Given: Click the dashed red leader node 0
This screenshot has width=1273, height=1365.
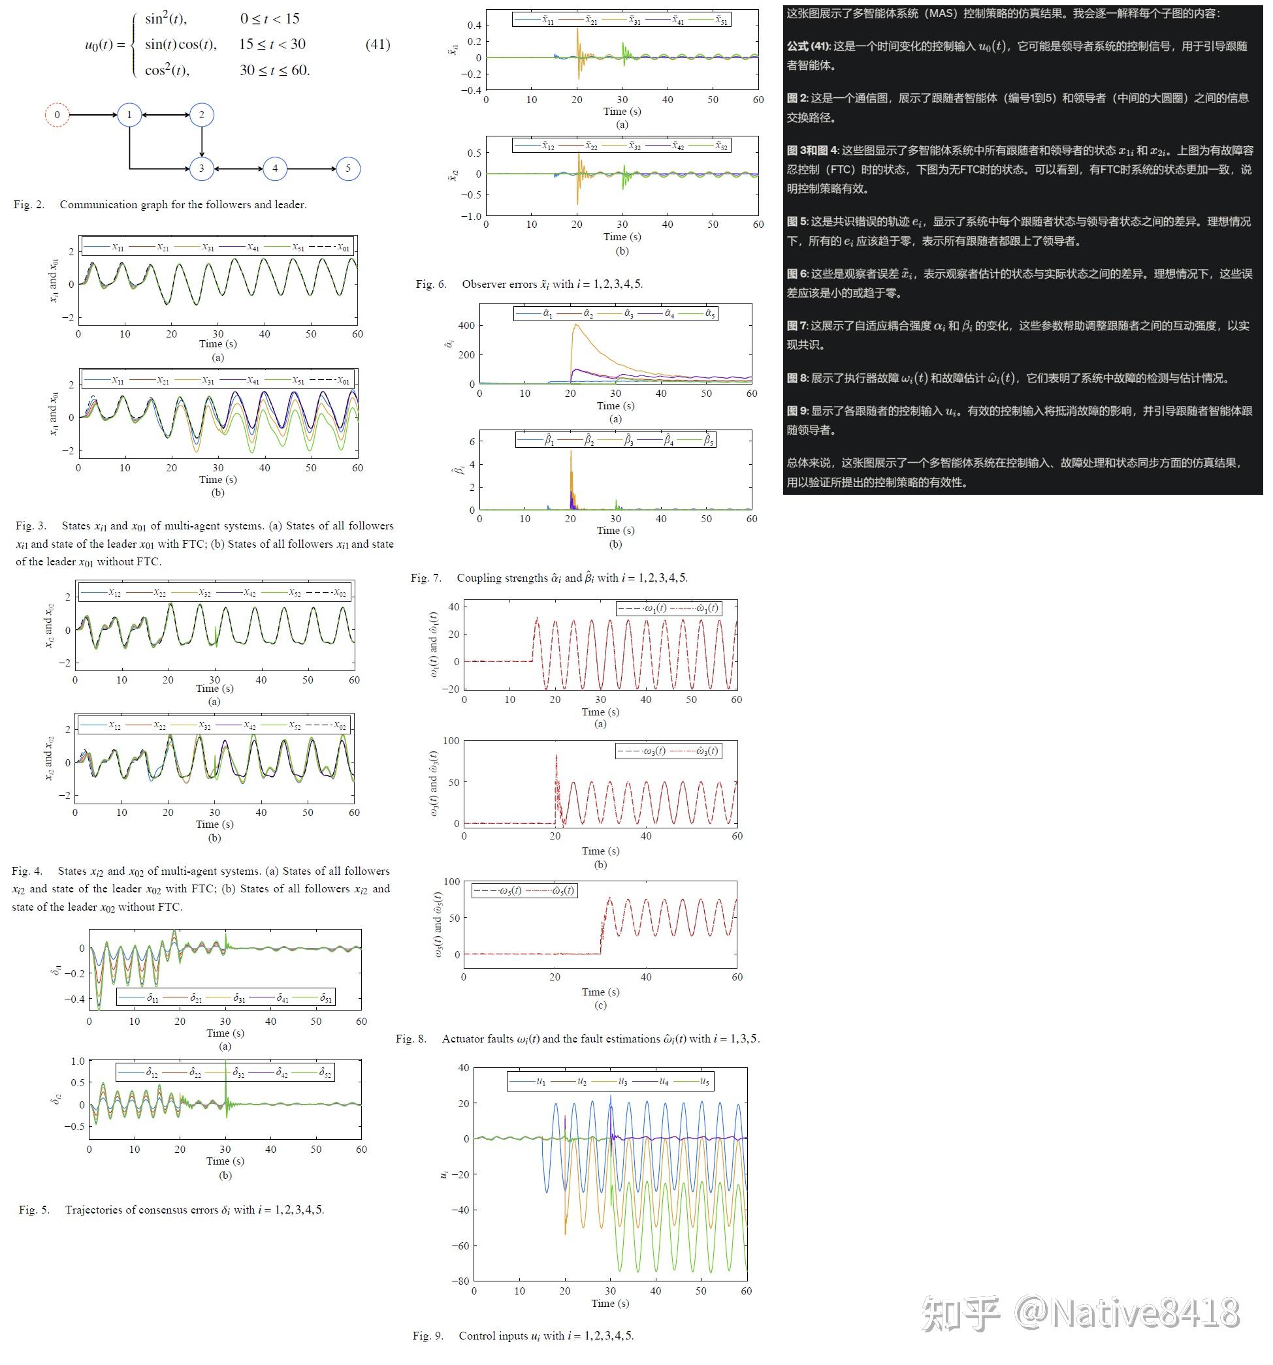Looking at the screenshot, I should coord(57,115).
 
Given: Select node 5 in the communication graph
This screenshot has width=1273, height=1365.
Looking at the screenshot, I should coord(347,168).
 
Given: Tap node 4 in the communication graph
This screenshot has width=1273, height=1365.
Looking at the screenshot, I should coord(275,168).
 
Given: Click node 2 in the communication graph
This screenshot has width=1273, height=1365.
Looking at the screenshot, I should coord(201,115).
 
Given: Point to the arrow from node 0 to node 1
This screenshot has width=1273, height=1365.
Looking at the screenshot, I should coord(93,115).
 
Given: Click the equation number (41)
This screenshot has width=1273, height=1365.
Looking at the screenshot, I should coord(377,44).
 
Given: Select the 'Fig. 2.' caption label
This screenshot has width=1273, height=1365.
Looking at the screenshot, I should coord(29,204).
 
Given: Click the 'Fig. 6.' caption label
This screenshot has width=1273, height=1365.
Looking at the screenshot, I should coord(430,284).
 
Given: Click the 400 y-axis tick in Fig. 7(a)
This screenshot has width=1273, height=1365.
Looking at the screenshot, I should coord(466,326).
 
